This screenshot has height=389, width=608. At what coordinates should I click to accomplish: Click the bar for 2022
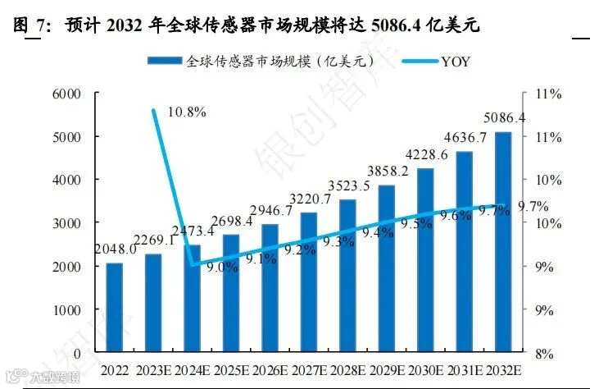[x=115, y=308]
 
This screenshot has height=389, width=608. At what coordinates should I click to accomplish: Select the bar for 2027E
[x=309, y=282]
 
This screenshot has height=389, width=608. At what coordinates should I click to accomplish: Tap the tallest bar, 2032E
[x=503, y=242]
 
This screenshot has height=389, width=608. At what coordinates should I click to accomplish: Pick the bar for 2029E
[x=387, y=268]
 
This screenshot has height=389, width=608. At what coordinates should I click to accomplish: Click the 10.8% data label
[x=187, y=112]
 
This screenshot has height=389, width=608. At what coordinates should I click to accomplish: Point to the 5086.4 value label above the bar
[x=505, y=117]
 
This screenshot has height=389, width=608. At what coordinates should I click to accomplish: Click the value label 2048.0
[x=116, y=249]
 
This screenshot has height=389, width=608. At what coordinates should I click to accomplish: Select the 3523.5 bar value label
[x=349, y=186]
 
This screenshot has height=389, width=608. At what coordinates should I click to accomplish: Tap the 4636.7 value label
[x=465, y=137]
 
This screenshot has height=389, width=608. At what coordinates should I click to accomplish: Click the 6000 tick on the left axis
[x=66, y=94]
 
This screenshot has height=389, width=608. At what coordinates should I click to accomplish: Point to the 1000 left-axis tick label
[x=66, y=310]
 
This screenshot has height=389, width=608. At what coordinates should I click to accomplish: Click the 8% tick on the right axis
[x=544, y=354]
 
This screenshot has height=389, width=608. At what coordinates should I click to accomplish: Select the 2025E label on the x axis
[x=232, y=370]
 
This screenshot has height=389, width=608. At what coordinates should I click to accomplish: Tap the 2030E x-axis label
[x=426, y=370]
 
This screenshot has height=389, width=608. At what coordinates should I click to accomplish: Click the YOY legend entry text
[x=456, y=62]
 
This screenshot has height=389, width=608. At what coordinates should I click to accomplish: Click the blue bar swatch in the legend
[x=165, y=61]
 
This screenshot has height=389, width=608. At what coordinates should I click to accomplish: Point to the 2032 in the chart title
[x=124, y=25]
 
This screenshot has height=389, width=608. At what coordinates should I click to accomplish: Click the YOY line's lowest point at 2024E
[x=193, y=266]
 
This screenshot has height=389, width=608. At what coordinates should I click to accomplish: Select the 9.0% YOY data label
[x=222, y=267]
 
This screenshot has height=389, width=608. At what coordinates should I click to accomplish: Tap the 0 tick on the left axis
[x=77, y=354]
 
